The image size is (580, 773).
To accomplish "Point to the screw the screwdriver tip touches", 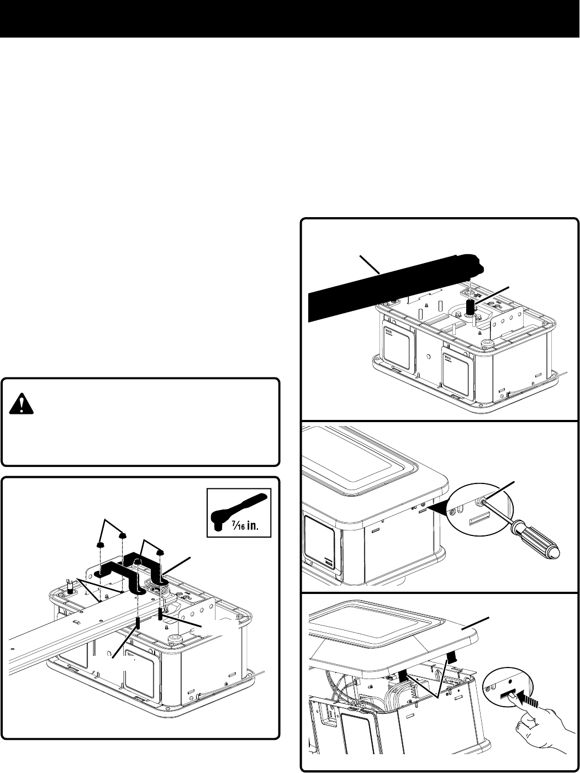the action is pyautogui.click(x=482, y=502).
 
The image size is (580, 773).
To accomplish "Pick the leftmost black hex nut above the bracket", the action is pyautogui.click(x=101, y=545).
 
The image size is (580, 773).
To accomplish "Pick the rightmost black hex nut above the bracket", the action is pyautogui.click(x=160, y=551).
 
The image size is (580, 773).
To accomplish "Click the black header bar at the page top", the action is pyautogui.click(x=290, y=19).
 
